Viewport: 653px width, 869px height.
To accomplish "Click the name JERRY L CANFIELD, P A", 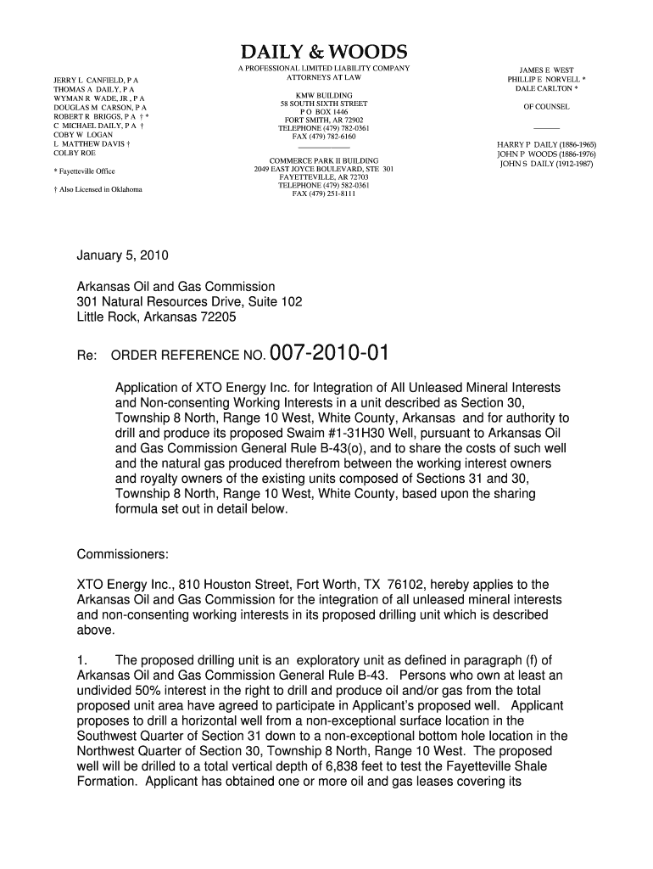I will coord(96,80).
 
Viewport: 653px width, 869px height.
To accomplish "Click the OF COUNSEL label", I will coord(546,107).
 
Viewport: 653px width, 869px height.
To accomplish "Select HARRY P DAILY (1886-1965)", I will coord(546,145).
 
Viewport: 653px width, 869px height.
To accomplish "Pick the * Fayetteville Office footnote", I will coord(84,171).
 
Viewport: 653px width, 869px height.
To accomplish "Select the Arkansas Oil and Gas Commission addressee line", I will coord(176,287).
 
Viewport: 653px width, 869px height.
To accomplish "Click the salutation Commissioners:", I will coord(123,555).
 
